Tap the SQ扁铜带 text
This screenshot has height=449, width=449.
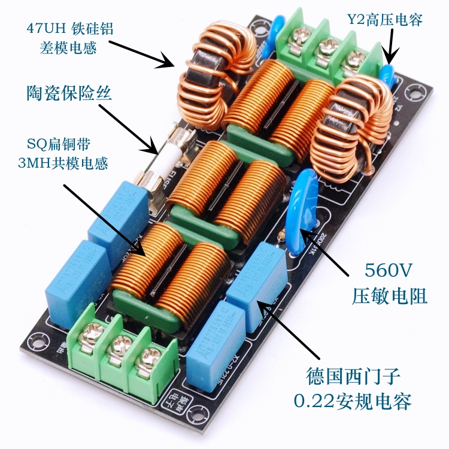point(57,144)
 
